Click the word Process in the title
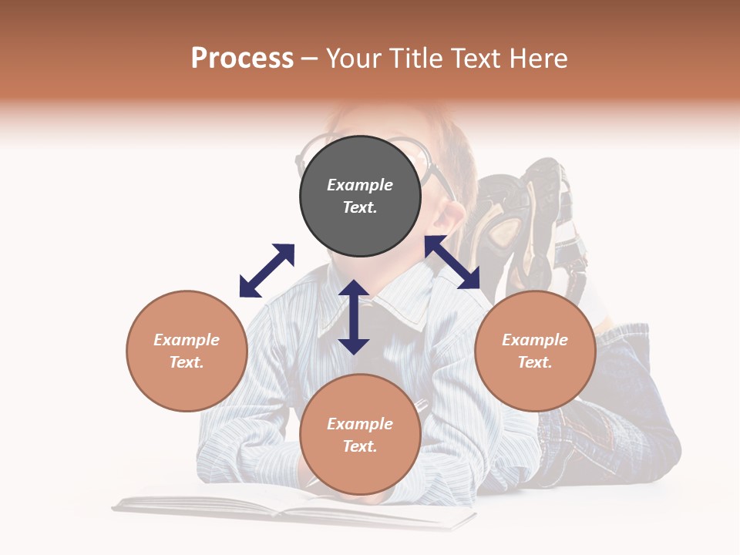(x=242, y=59)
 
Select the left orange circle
(x=187, y=351)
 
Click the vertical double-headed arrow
(x=354, y=317)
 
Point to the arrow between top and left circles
(x=267, y=271)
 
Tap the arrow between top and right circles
(x=452, y=262)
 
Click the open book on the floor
(x=293, y=510)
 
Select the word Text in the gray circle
(x=360, y=207)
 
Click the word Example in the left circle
(x=187, y=340)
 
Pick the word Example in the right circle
(x=535, y=340)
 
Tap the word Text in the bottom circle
(x=360, y=446)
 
